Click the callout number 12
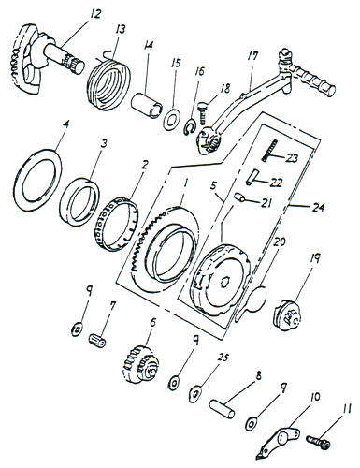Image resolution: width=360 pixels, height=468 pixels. tap(95, 15)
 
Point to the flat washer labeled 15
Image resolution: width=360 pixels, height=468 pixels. tap(170, 119)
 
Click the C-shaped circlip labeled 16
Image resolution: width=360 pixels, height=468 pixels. tap(188, 127)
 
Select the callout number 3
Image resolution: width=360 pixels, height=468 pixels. tap(104, 144)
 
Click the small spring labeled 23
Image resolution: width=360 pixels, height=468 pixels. tap(269, 151)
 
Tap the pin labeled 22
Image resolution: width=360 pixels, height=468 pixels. tap(252, 177)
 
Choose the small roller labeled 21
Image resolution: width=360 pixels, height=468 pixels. tap(239, 197)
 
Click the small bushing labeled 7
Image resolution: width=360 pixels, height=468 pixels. tap(97, 340)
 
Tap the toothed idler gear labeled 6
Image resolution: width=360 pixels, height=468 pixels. tap(139, 364)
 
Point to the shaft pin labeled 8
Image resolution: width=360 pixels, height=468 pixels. tap(222, 409)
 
